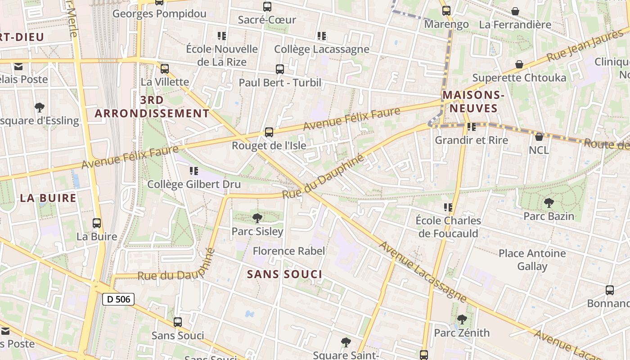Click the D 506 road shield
pyautogui.click(x=118, y=299)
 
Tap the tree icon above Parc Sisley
pyautogui.click(x=257, y=219)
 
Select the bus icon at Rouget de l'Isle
pyautogui.click(x=269, y=132)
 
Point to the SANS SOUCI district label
pyautogui.click(x=284, y=274)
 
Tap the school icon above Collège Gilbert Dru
pyautogui.click(x=194, y=171)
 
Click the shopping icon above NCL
pyautogui.click(x=539, y=137)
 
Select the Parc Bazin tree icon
pyautogui.click(x=549, y=203)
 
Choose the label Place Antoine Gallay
pyautogui.click(x=532, y=260)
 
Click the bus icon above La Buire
pyautogui.click(x=97, y=223)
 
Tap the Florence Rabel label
pyautogui.click(x=288, y=251)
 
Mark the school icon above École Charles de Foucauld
pyautogui.click(x=448, y=207)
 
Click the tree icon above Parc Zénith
pyautogui.click(x=462, y=319)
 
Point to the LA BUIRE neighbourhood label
pyautogui.click(x=48, y=198)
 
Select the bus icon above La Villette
pyautogui.click(x=165, y=69)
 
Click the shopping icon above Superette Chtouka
pyautogui.click(x=519, y=65)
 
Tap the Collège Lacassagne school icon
pyautogui.click(x=321, y=36)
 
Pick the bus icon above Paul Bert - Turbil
pyautogui.click(x=280, y=69)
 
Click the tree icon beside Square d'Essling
pyautogui.click(x=40, y=108)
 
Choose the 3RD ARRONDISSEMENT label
pyautogui.click(x=152, y=107)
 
